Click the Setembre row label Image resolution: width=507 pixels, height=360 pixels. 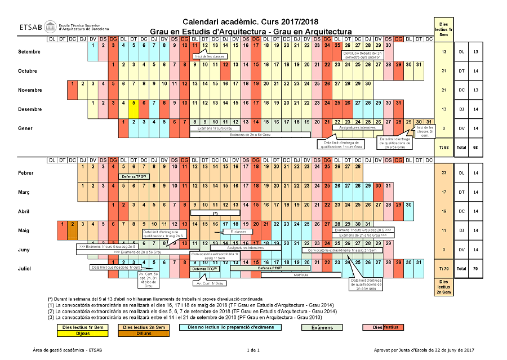tap(29, 52)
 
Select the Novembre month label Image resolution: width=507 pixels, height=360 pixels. tap(30, 90)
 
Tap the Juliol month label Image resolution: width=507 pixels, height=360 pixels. tap(24, 269)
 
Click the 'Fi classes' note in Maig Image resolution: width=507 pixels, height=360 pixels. tap(224, 232)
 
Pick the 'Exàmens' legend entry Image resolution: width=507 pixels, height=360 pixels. tap(322, 327)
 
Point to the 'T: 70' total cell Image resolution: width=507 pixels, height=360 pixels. tap(444, 269)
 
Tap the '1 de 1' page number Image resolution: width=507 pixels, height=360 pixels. tap(253, 350)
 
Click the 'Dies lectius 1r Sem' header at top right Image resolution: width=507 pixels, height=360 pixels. tap(444, 26)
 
